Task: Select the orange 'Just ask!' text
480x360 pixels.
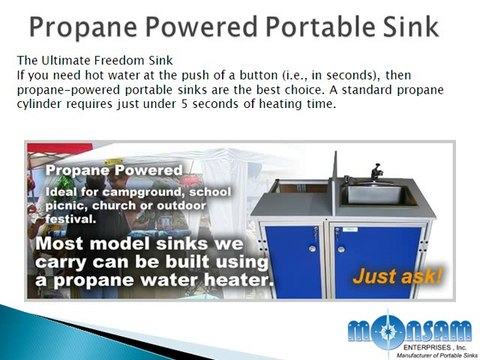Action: tap(396, 274)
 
